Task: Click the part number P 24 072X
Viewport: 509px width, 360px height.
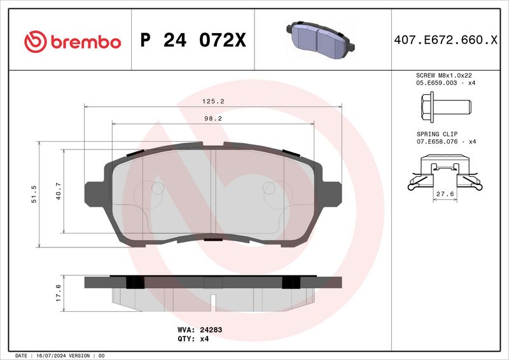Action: click(x=193, y=41)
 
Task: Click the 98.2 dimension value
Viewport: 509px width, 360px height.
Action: click(x=213, y=118)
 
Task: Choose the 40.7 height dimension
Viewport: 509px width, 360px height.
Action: click(x=58, y=190)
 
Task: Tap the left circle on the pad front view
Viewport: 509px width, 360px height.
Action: click(x=157, y=188)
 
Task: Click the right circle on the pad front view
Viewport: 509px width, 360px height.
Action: click(x=269, y=188)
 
